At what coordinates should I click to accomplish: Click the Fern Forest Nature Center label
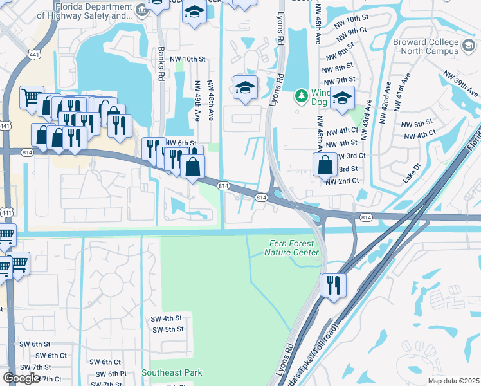click(x=292, y=247)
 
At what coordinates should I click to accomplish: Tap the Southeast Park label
click(x=172, y=372)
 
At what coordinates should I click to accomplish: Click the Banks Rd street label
click(x=159, y=63)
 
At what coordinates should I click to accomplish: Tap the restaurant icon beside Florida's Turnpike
click(x=333, y=284)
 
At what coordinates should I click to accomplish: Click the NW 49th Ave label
click(x=197, y=100)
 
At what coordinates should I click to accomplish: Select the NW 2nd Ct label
click(x=342, y=181)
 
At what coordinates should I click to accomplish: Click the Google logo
click(x=21, y=378)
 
